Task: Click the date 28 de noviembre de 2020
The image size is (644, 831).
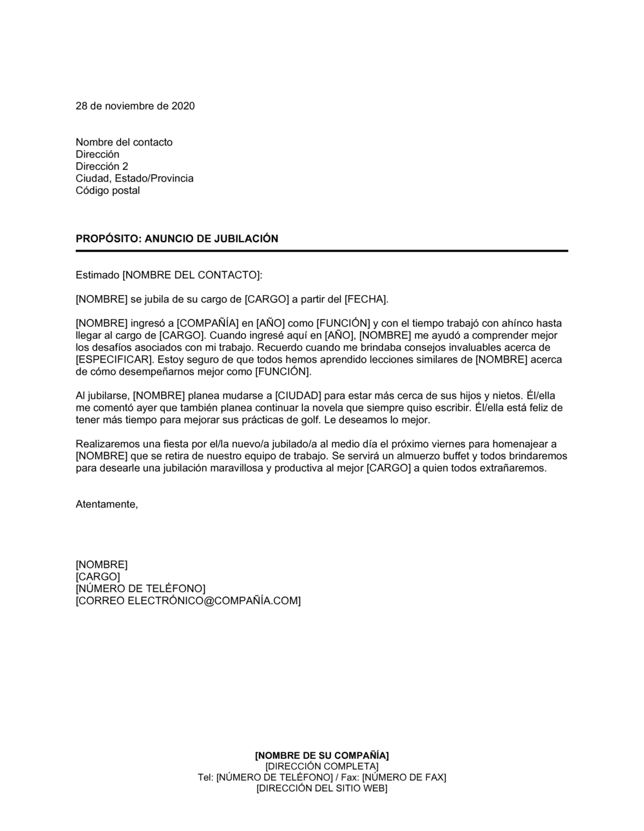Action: [x=135, y=106]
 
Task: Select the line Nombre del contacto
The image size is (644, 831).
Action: [x=124, y=142]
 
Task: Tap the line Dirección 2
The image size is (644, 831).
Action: [x=102, y=166]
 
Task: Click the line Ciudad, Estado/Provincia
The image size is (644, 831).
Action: [x=135, y=178]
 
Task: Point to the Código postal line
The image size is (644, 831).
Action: [x=108, y=191]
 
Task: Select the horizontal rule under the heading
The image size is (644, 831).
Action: [x=322, y=251]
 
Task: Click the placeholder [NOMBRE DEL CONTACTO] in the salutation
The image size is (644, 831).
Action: [x=191, y=276]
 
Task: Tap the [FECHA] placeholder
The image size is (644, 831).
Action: [x=366, y=300]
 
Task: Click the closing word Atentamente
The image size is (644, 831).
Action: [x=106, y=504]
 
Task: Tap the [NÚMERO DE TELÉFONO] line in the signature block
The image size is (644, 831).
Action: [x=140, y=589]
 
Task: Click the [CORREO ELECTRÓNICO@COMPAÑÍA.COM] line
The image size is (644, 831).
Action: [x=188, y=601]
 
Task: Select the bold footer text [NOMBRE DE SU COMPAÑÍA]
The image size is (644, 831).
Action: [x=322, y=755]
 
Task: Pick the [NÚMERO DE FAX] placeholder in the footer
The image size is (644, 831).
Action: [x=404, y=778]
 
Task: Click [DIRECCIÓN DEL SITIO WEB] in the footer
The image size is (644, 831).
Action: [x=322, y=788]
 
